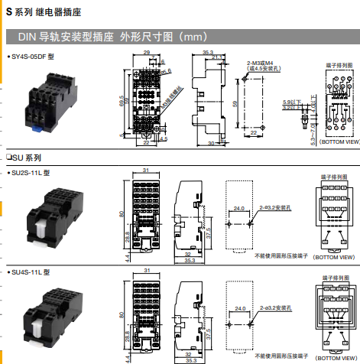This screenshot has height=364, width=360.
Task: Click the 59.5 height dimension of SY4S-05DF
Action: (122, 100)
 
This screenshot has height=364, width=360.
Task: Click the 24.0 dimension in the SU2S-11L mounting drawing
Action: (238, 208)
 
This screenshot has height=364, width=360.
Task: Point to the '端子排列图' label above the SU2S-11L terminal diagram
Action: (336, 175)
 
